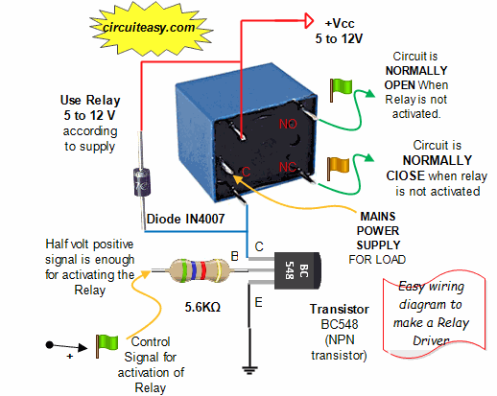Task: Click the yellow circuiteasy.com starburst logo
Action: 150,28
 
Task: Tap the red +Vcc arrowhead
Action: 309,21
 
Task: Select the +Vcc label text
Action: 340,23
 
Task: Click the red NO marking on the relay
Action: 288,124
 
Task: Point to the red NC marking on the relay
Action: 288,167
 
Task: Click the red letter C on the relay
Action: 246,172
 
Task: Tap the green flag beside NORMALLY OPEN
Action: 341,90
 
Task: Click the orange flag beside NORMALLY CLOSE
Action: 338,169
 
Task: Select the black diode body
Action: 142,182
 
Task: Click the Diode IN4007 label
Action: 185,219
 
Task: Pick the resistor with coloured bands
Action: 200,270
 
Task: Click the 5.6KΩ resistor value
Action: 202,307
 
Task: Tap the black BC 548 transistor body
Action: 297,271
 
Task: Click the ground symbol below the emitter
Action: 249,370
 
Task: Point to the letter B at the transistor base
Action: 234,256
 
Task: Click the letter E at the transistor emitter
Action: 258,302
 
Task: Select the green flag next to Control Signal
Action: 107,346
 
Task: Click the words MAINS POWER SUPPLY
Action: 378,231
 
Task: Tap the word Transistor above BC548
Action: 340,309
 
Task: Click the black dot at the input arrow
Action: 50,345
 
